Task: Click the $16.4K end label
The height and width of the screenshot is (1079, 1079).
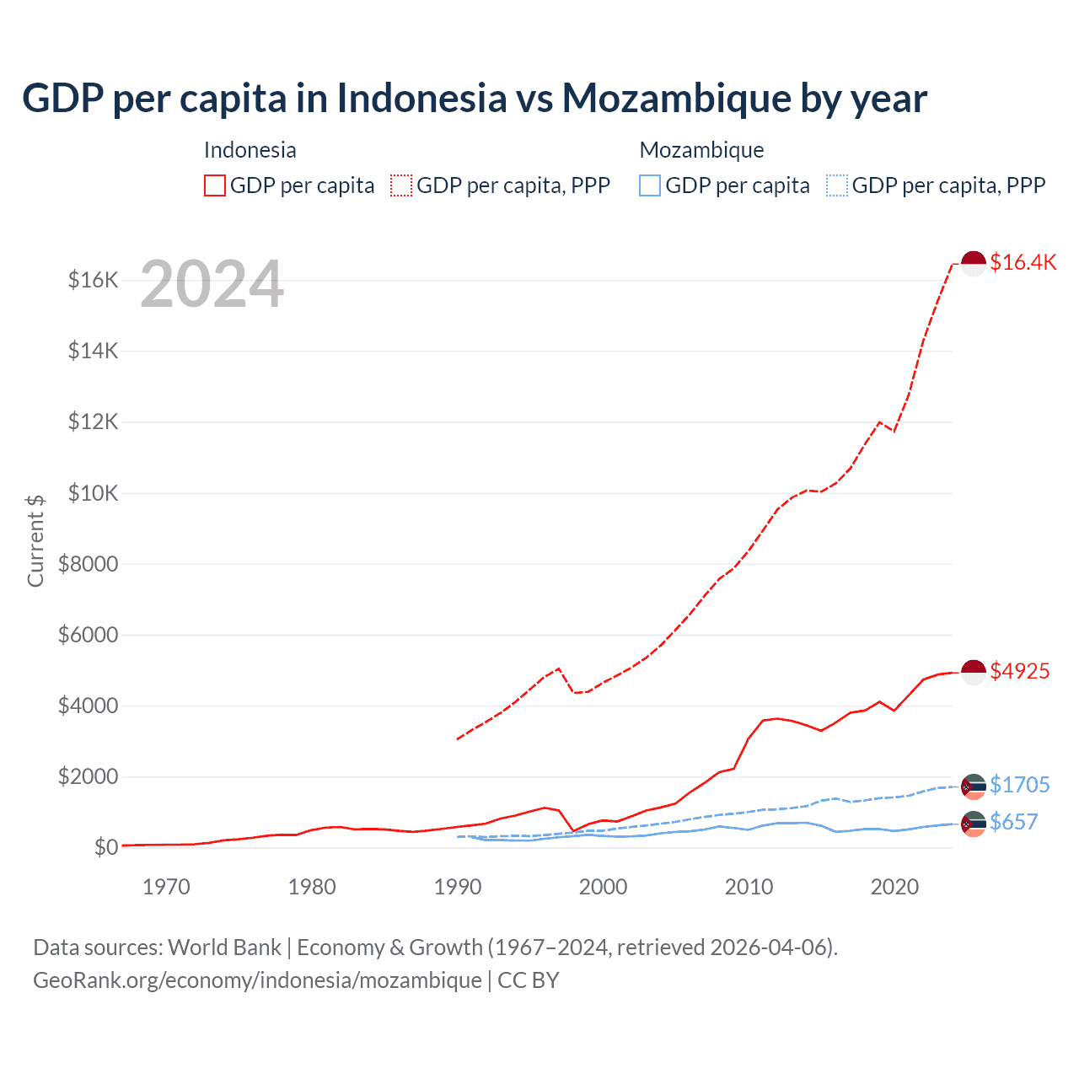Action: tap(1023, 262)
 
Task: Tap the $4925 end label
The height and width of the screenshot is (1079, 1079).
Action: tap(1019, 671)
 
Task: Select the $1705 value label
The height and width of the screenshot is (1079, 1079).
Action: tap(1019, 785)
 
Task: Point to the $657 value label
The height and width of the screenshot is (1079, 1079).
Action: tap(1013, 822)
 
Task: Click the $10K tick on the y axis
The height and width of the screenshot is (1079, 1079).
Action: tap(93, 493)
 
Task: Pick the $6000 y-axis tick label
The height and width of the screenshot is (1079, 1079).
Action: tap(88, 635)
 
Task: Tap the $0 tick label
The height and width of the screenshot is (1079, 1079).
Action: tap(105, 847)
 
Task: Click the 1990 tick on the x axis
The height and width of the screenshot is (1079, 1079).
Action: tap(458, 887)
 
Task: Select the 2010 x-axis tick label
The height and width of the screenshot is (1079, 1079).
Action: tap(749, 887)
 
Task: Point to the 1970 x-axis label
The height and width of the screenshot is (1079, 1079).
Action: tap(166, 887)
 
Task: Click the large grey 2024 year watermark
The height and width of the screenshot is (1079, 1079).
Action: tap(212, 285)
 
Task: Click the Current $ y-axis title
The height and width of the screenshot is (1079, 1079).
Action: tap(35, 540)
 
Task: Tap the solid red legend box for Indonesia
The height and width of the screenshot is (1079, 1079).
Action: tap(215, 185)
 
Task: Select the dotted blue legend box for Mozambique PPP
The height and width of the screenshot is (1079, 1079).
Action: tap(837, 185)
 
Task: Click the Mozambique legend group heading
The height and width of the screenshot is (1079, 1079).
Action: tap(701, 150)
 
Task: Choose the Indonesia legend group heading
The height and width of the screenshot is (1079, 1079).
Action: tap(250, 150)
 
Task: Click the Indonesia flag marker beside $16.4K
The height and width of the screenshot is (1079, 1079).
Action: tap(974, 263)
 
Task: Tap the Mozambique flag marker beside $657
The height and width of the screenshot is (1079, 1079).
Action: tap(974, 824)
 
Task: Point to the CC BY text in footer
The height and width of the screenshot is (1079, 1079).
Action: tap(529, 980)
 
